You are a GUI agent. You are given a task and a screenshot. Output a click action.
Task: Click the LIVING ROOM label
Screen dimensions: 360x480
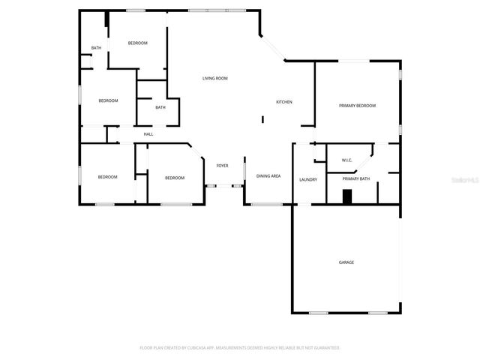tap(215, 78)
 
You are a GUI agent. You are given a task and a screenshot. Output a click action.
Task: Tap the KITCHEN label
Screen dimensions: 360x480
tap(284, 102)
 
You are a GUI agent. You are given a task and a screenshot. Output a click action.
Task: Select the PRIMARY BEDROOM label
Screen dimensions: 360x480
tap(357, 106)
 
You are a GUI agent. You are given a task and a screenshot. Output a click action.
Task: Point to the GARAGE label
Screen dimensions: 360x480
tap(346, 262)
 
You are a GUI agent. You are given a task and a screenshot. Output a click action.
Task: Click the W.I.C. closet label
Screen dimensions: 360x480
tap(347, 160)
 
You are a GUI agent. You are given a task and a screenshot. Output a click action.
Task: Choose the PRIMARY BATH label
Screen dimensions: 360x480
tap(356, 178)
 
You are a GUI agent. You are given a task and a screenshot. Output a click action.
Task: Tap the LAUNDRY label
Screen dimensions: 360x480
tap(308, 179)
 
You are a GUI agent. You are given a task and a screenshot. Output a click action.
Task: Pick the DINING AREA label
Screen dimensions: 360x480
tap(268, 175)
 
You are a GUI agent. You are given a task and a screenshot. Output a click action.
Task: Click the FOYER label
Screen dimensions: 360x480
tap(223, 166)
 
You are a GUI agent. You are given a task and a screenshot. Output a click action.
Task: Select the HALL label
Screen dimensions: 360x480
tap(148, 134)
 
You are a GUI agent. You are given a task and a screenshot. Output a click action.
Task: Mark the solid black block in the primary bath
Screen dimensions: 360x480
tap(346, 196)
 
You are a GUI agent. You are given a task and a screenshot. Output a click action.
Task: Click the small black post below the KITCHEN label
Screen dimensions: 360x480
tap(262, 118)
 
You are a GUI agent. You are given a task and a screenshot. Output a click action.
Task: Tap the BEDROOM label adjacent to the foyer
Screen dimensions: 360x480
tap(175, 178)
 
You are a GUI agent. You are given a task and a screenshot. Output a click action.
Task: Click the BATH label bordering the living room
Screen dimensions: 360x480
tap(160, 107)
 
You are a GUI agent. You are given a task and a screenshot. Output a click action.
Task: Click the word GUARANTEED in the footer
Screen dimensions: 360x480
tap(325, 348)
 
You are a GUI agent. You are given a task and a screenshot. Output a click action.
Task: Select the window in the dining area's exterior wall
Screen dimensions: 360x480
tap(267, 204)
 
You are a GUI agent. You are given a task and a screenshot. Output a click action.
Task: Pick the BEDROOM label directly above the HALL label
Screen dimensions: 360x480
tap(109, 100)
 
